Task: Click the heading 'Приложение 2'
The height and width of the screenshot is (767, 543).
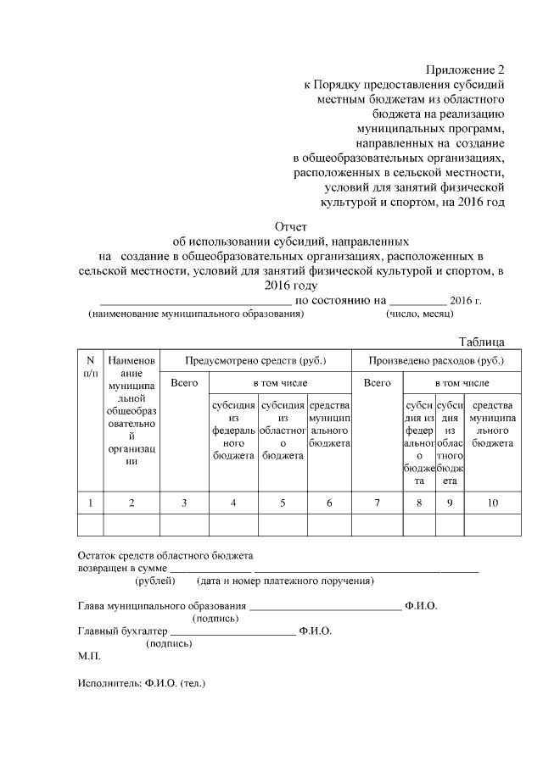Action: [465, 69]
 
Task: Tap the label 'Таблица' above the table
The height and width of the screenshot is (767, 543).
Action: [482, 342]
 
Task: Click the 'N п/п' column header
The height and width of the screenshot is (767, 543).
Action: [90, 366]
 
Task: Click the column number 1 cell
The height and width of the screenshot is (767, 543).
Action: [90, 503]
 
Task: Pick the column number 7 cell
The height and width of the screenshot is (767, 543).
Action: [377, 503]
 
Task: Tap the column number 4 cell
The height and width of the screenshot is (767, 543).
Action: [233, 503]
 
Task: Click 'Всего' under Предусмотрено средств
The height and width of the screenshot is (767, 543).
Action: [184, 383]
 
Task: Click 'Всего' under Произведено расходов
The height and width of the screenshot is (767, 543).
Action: [377, 383]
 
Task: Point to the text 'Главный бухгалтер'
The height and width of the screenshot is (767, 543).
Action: [122, 631]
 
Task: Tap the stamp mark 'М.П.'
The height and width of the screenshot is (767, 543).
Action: [88, 656]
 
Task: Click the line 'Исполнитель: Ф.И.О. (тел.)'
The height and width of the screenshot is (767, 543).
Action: [142, 682]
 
